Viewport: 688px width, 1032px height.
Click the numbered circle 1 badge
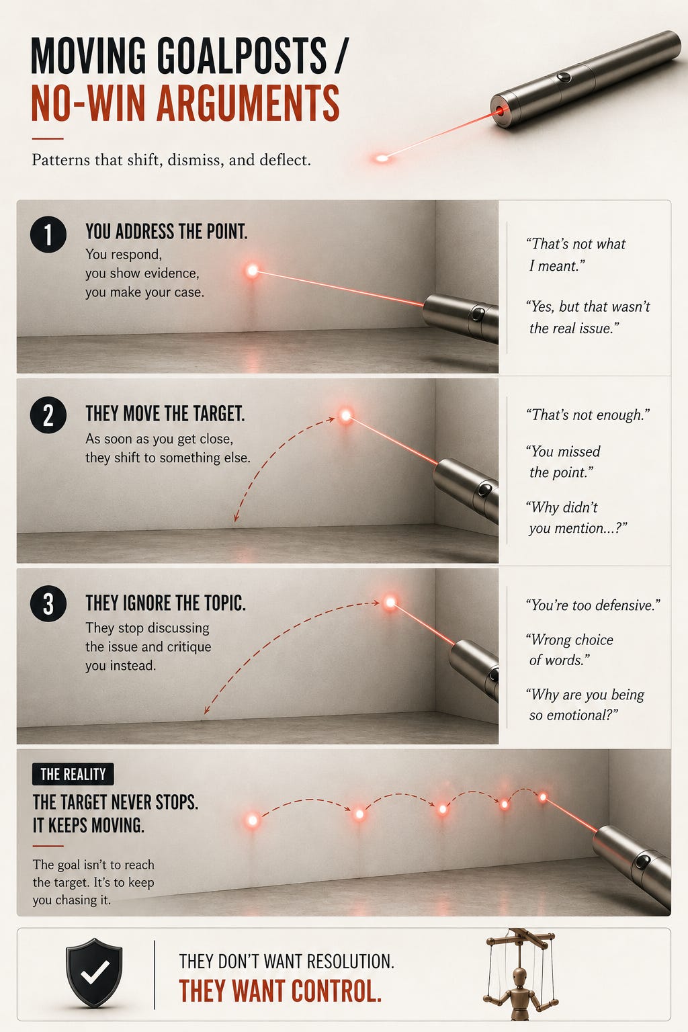(48, 234)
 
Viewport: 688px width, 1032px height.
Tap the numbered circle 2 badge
(48, 415)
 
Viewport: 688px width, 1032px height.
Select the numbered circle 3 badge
(48, 603)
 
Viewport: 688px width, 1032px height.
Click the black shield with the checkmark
(94, 972)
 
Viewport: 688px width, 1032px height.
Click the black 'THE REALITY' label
(73, 774)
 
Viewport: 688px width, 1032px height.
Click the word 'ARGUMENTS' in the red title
(249, 103)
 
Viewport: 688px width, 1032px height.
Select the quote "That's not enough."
(587, 415)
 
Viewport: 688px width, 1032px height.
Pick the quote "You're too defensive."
(593, 605)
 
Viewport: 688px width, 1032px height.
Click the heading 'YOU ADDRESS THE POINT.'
(167, 231)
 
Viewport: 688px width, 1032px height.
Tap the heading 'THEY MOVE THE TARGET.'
(165, 413)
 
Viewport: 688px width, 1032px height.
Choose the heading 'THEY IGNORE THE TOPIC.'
(165, 603)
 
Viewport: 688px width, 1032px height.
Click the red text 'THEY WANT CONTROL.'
(280, 990)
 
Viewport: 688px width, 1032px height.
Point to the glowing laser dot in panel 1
(252, 271)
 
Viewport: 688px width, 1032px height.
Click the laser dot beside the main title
(382, 159)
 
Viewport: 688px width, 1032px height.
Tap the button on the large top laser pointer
(563, 77)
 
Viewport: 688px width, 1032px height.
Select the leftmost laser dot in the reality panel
(252, 820)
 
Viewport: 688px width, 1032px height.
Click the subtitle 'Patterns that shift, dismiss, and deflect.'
(171, 160)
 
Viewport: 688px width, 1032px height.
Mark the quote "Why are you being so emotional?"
(585, 705)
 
